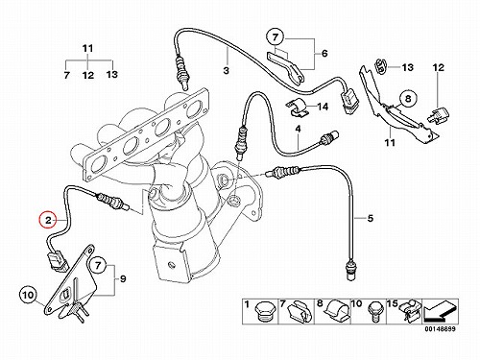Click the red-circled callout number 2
tap(48, 220)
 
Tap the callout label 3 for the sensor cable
tap(227, 70)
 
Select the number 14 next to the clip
tap(323, 107)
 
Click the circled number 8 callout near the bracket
tap(408, 98)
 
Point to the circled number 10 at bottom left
tap(28, 295)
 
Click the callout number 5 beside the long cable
tap(370, 219)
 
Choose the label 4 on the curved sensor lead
tap(298, 130)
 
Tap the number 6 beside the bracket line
tap(324, 53)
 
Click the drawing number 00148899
tap(440, 328)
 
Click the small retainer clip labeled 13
tap(380, 65)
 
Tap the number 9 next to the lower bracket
tap(123, 279)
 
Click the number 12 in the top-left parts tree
tap(87, 75)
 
